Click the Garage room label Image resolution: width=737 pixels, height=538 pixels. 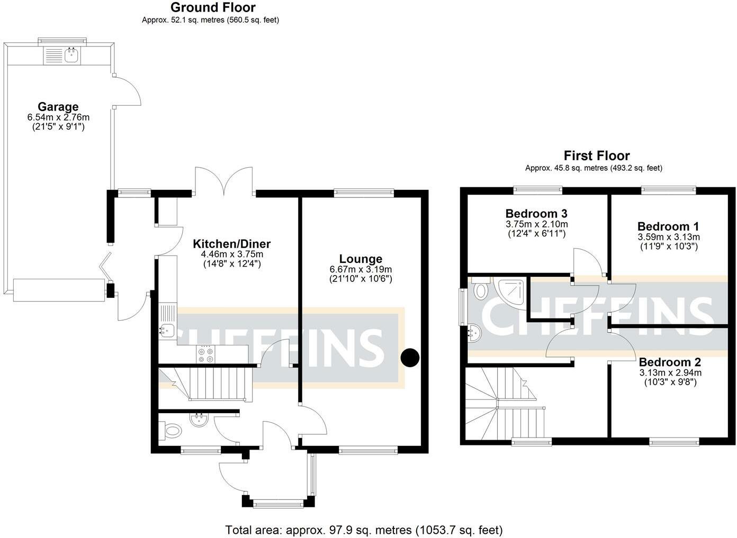tap(58, 106)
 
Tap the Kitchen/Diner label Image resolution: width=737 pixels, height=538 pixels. tap(231, 243)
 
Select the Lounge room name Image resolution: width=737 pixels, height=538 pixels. tap(361, 259)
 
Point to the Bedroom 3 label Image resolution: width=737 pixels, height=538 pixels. tap(536, 214)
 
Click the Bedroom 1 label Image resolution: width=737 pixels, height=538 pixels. tap(668, 226)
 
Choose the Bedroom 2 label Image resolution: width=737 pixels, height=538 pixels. tap(670, 362)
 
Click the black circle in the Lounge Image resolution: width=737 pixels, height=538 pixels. tap(410, 358)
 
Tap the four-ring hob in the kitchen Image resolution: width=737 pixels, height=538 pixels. tap(205, 354)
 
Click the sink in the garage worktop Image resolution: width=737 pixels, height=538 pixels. tap(71, 55)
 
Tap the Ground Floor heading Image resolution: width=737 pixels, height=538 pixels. tap(213, 7)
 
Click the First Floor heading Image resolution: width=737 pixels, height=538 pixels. tap(597, 156)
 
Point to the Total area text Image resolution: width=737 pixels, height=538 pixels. tap(364, 530)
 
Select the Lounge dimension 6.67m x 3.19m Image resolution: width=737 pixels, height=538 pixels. tap(361, 269)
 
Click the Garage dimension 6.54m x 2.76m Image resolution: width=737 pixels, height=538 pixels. tap(58, 117)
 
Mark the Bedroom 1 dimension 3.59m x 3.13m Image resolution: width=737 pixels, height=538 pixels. tap(669, 237)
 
